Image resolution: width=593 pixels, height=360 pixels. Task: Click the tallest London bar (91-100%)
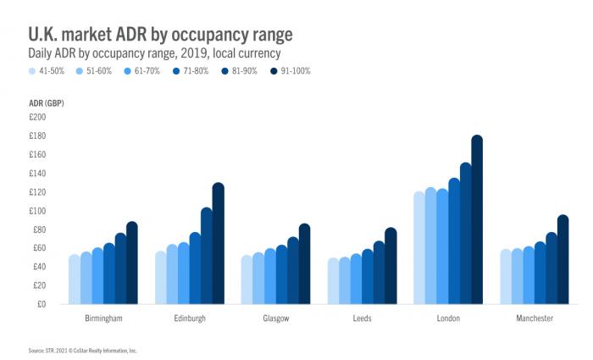click(476, 220)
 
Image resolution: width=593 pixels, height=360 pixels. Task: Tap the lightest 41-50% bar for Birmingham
click(74, 280)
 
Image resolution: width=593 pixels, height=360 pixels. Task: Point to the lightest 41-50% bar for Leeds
click(333, 281)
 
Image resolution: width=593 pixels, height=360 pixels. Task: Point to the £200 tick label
click(39, 117)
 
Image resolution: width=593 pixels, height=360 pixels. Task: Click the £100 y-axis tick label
click(39, 211)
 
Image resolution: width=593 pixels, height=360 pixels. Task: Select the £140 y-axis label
click(39, 173)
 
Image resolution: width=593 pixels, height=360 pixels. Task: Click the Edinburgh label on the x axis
click(189, 318)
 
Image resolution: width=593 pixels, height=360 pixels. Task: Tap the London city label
click(447, 318)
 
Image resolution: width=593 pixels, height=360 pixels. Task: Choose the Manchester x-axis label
click(534, 318)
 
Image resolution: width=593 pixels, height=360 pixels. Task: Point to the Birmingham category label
click(103, 318)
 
